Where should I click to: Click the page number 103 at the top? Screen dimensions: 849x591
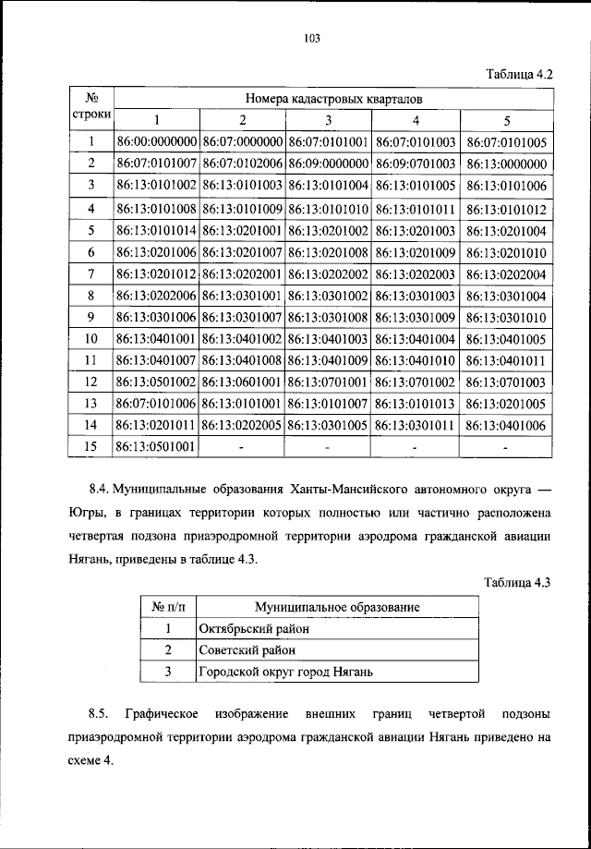click(311, 38)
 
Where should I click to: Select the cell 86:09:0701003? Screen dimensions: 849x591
click(415, 164)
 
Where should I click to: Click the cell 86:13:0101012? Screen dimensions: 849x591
click(507, 209)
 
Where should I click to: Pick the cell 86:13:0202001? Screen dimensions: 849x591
click(242, 274)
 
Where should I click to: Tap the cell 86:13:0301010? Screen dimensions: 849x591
click(507, 317)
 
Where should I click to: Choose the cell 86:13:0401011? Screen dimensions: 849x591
click(507, 360)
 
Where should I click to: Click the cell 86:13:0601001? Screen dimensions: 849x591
click(242, 382)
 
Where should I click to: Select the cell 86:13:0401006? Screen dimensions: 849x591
click(507, 425)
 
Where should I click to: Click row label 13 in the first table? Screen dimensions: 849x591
click(91, 404)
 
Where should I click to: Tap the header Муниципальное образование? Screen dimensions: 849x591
click(337, 607)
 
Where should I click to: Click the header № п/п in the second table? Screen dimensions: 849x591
click(169, 607)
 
